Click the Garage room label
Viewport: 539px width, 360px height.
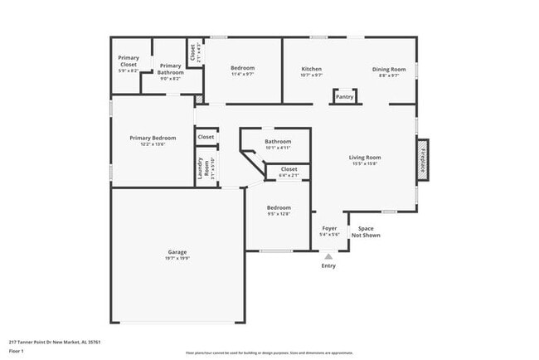(177, 251)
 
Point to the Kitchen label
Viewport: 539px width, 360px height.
(311, 69)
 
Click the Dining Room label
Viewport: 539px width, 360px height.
(389, 69)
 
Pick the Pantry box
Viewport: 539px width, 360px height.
(345, 97)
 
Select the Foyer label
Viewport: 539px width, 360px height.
(329, 228)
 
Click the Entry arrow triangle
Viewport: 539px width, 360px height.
(329, 256)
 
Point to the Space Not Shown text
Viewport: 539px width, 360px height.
(366, 231)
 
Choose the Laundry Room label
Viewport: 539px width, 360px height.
(200, 168)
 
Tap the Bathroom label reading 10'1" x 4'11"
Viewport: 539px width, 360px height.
(278, 142)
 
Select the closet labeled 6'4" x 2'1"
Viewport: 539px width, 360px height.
(289, 169)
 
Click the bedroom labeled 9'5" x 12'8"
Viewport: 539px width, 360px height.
(279, 207)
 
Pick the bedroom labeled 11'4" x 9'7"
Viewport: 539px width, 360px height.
(242, 68)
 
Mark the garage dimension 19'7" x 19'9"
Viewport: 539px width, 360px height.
(177, 258)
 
